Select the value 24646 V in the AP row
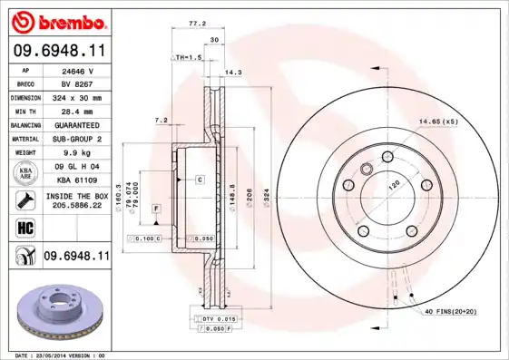tap(78, 69)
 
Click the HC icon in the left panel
tap(24, 226)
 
